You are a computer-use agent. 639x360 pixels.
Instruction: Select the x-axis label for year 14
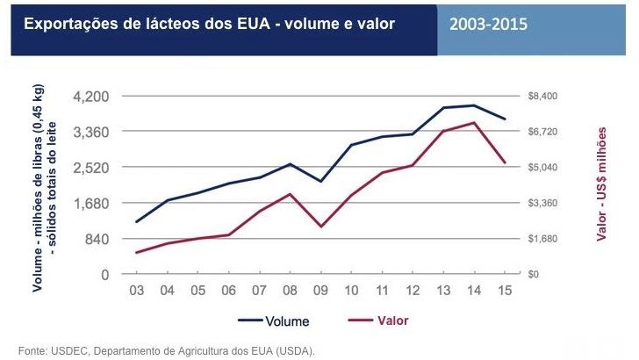pyautogui.click(x=474, y=291)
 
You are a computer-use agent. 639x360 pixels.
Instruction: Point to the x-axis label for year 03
pyautogui.click(x=137, y=291)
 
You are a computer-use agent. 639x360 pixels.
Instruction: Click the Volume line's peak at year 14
pyautogui.click(x=474, y=105)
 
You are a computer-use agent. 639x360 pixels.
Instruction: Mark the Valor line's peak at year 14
pyautogui.click(x=474, y=122)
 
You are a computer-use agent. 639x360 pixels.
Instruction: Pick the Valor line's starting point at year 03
pyautogui.click(x=137, y=253)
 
